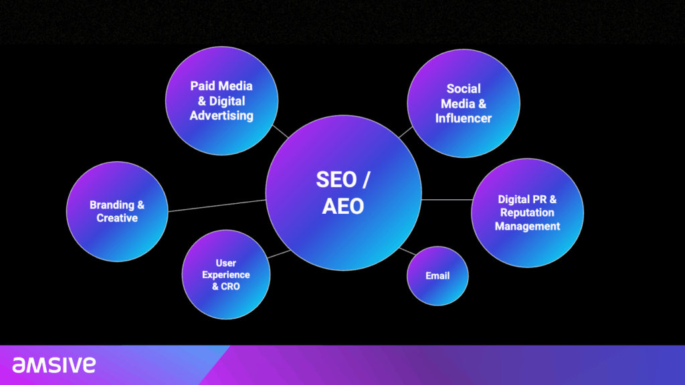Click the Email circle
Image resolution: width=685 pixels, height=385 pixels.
pos(437,276)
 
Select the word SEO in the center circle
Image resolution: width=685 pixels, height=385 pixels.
pos(336,180)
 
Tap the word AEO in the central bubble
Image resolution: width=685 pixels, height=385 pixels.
pos(343,207)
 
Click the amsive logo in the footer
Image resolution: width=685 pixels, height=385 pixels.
pos(54,365)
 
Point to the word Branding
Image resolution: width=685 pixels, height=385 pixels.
pos(112,205)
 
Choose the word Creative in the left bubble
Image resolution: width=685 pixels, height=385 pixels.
pos(117,218)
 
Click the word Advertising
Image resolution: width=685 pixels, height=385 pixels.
pos(221,116)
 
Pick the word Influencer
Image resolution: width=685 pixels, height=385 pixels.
pos(464,118)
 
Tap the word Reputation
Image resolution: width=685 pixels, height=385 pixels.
pos(527,213)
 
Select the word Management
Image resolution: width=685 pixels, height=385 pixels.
pos(527,226)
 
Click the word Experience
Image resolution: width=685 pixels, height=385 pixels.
pos(226,275)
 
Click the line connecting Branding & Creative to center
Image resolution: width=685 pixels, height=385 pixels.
pos(217,206)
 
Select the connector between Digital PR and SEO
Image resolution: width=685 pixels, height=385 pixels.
pos(446,200)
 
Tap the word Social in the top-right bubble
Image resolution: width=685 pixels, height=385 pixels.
pos(464,89)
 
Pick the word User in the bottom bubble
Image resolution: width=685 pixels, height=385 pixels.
pos(226,263)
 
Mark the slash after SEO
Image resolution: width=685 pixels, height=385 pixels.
pos(366,180)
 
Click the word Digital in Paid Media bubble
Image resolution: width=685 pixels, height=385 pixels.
pos(227,102)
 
